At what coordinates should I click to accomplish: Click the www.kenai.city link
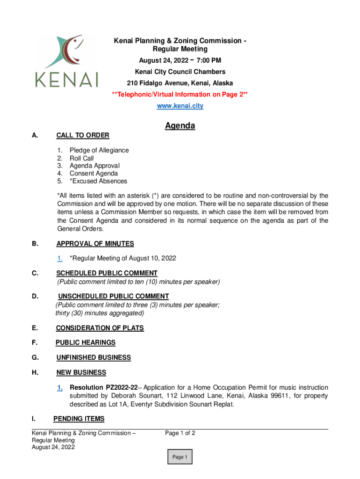[180, 106]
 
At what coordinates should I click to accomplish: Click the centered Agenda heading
[180, 126]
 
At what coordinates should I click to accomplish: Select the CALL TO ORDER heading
[83, 136]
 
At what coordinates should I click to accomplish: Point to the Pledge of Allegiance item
[99, 150]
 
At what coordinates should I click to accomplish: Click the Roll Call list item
[82, 158]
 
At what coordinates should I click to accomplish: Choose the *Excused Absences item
[98, 181]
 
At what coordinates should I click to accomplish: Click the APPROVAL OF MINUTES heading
[95, 244]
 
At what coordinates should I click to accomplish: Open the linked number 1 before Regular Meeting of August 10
[60, 258]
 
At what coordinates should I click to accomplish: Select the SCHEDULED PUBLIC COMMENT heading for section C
[107, 273]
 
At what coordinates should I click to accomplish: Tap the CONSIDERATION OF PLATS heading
[100, 328]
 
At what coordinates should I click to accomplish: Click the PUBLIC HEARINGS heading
[85, 343]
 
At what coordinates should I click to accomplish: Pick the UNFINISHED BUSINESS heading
[94, 358]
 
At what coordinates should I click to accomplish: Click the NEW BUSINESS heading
[81, 373]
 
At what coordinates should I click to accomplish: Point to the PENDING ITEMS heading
[79, 419]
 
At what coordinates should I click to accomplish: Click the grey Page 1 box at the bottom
[180, 457]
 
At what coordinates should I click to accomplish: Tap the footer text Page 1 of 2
[180, 433]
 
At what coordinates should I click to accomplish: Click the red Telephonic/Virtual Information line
[180, 95]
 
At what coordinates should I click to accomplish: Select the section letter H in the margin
[35, 373]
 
